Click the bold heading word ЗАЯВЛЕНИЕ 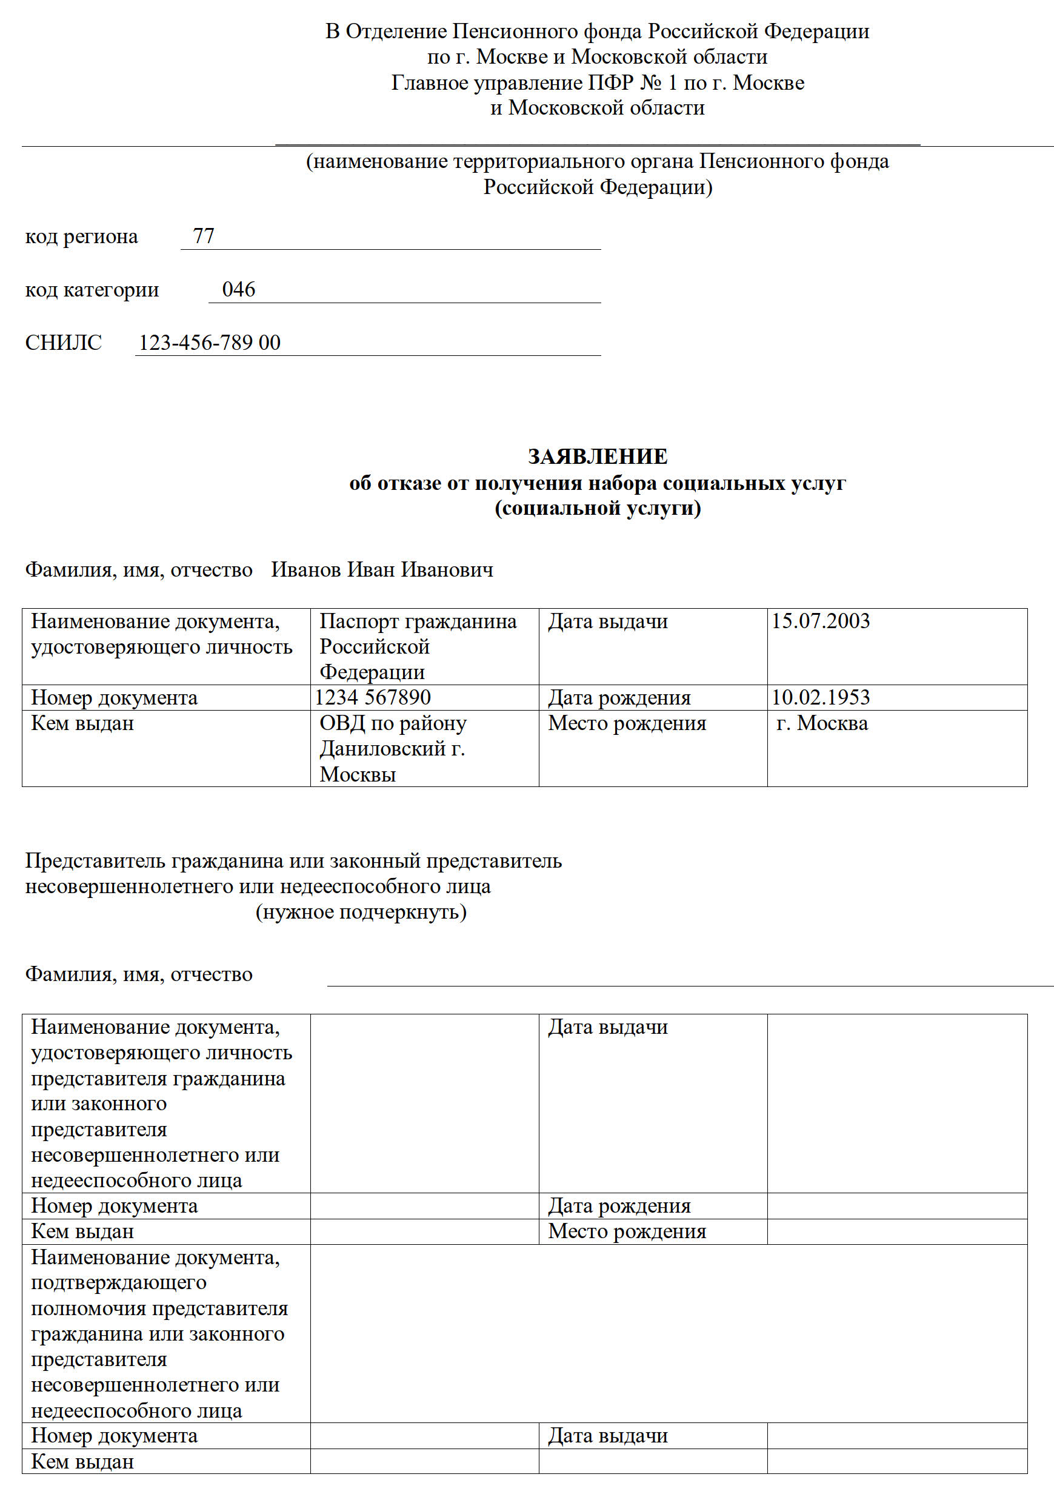(x=597, y=457)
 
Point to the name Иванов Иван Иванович (x=382, y=569)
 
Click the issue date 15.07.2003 (x=821, y=621)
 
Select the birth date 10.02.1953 (x=821, y=697)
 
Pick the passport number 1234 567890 (x=373, y=697)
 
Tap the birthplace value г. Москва (x=822, y=723)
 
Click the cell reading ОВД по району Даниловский (x=392, y=748)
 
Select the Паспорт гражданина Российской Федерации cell (x=418, y=646)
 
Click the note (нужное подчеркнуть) (x=361, y=912)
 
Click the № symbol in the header (x=650, y=82)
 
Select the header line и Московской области (x=597, y=107)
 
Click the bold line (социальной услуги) (x=597, y=507)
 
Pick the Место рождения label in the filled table (x=627, y=723)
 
